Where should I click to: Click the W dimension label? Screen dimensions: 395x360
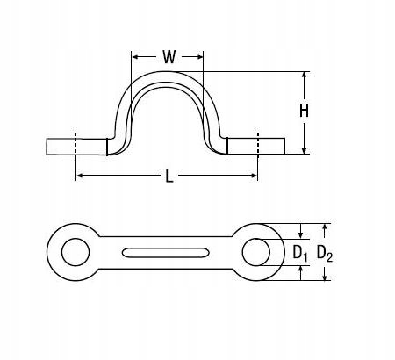point(169,57)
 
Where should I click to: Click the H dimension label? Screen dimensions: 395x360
point(304,111)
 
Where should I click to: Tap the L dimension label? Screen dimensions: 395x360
point(169,176)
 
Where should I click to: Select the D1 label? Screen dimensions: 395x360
point(300,253)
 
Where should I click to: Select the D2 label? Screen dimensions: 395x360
point(325,253)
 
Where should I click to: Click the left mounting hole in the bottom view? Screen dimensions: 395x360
point(75,252)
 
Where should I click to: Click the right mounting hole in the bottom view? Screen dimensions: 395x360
point(256,252)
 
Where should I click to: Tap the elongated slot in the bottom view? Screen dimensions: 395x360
point(165,253)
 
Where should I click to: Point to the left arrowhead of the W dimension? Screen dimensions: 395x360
point(135,56)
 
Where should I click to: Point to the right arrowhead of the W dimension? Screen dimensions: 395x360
point(199,56)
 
